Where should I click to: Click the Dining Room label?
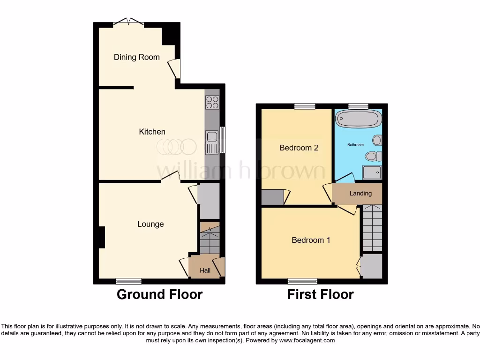[x=136, y=57]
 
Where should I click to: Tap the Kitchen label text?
[x=152, y=132]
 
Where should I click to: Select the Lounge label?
[x=150, y=224]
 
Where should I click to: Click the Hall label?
[x=205, y=270]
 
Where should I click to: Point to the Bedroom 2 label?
[x=299, y=148]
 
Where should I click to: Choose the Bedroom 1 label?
[x=311, y=240]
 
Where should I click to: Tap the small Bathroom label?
[x=355, y=145]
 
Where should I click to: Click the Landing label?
[x=360, y=193]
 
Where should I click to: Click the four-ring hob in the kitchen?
[x=212, y=102]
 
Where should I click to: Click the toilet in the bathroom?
[x=374, y=156]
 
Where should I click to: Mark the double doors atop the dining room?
[x=129, y=22]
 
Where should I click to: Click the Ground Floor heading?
[x=159, y=294]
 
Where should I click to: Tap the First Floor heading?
[x=321, y=294]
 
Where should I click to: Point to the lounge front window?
[x=129, y=281]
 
